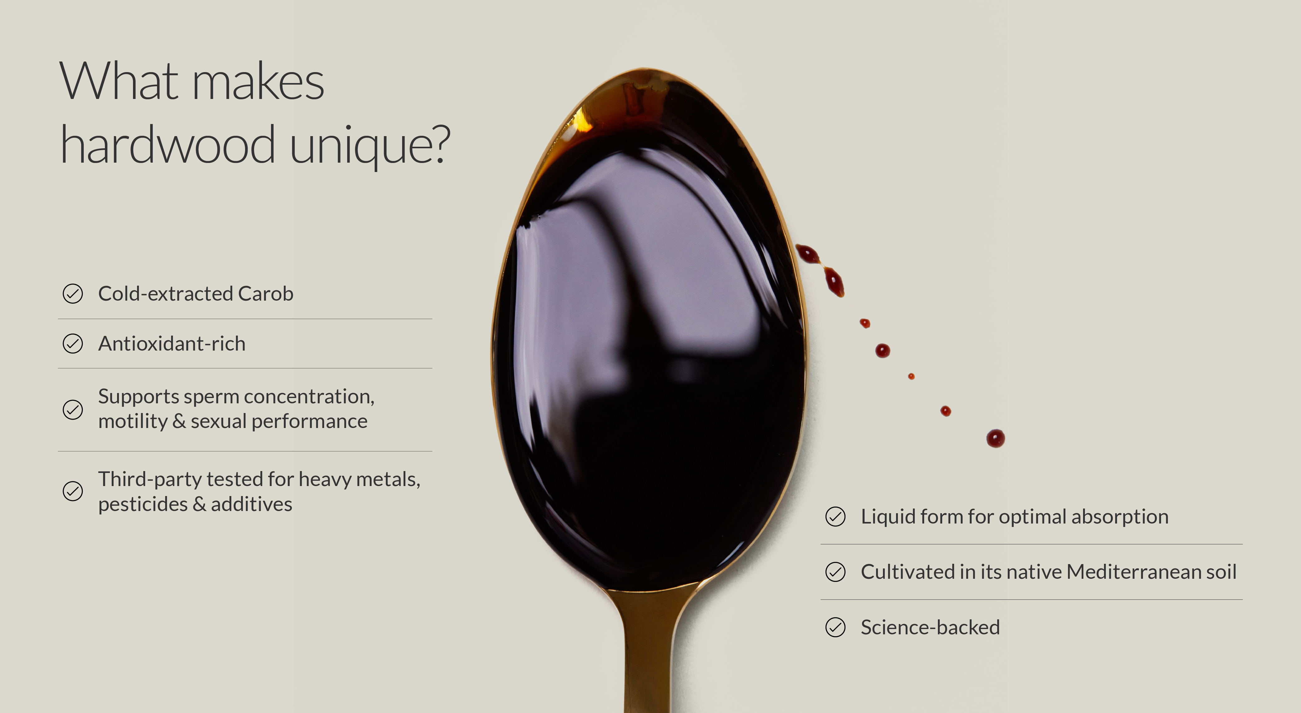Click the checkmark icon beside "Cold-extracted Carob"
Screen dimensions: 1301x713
[73, 293]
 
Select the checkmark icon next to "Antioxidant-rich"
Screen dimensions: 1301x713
[73, 343]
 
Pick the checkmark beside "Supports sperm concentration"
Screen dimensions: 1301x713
[73, 410]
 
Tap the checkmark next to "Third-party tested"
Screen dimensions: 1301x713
[73, 491]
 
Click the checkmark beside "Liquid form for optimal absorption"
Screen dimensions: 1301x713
[835, 517]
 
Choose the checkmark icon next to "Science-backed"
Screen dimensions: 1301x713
[835, 627]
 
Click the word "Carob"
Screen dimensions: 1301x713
[266, 293]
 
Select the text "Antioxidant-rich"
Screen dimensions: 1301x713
[172, 343]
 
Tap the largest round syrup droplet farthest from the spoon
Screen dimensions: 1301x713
[995, 438]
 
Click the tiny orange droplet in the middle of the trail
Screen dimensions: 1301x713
[911, 376]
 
